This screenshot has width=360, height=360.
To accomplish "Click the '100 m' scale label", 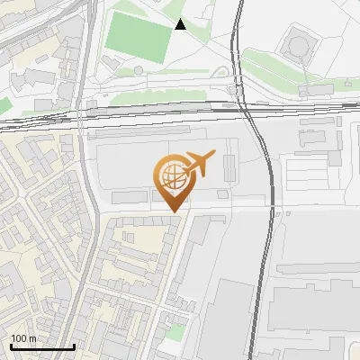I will tap(24, 339).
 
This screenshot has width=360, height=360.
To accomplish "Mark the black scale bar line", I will tap(42, 347).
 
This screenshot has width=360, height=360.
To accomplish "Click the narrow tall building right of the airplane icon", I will tap(229, 167).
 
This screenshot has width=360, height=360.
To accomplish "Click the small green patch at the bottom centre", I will tap(176, 331).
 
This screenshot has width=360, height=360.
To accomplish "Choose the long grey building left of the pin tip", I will tap(130, 195).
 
